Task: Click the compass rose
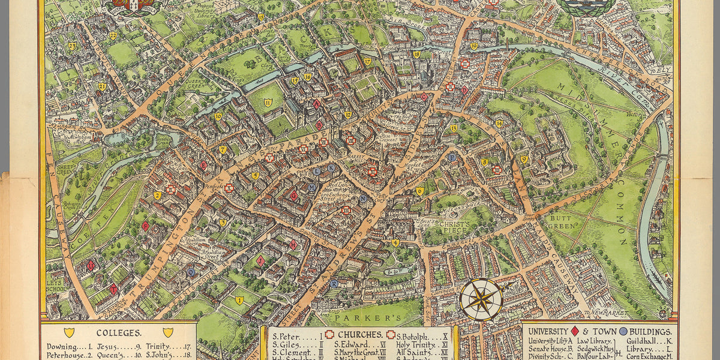(482, 299)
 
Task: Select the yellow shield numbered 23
(72, 46)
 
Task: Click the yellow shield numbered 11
(268, 103)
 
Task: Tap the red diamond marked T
(113, 289)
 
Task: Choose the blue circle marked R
(334, 283)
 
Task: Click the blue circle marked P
(191, 271)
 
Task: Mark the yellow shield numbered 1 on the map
(239, 300)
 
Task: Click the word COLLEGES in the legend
(118, 333)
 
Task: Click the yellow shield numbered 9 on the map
(524, 159)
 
